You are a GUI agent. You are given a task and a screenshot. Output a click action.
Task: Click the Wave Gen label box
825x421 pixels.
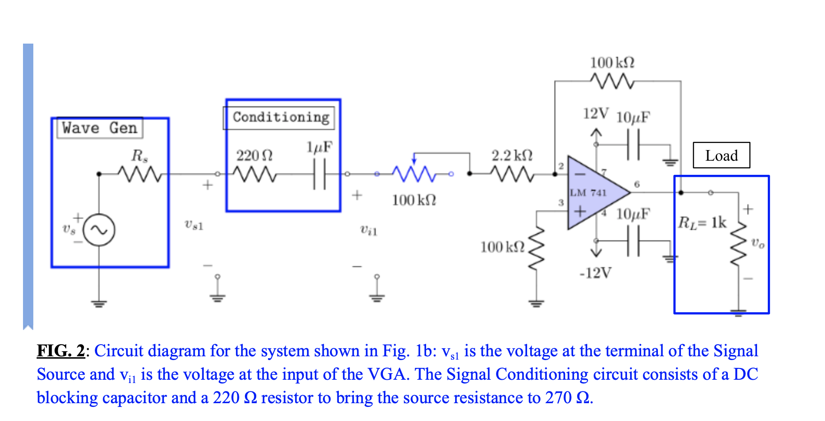(x=99, y=128)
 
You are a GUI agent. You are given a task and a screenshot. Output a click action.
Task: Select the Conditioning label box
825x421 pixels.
(x=280, y=117)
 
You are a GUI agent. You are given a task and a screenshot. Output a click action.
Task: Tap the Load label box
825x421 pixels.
(x=721, y=156)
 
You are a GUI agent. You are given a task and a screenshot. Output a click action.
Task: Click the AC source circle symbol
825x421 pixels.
(x=99, y=230)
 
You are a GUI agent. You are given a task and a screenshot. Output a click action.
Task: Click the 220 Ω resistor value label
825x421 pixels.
(x=254, y=156)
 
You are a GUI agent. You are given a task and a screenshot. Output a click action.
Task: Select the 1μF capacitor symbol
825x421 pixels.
(x=320, y=174)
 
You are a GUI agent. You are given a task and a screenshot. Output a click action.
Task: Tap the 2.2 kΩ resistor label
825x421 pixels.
(x=512, y=156)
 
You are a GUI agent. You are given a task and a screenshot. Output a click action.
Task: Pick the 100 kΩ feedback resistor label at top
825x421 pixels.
(x=612, y=63)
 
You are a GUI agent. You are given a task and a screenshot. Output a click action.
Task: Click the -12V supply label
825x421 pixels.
(x=596, y=273)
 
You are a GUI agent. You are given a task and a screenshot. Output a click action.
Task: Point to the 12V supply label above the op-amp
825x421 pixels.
(x=596, y=113)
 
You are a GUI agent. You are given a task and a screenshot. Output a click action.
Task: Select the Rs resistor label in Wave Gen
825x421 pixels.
(x=140, y=156)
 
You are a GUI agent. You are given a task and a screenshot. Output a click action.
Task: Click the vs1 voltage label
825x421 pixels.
(x=194, y=226)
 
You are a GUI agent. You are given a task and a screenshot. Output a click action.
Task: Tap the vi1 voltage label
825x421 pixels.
(x=368, y=230)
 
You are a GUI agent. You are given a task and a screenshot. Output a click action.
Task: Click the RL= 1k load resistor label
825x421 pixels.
(x=702, y=222)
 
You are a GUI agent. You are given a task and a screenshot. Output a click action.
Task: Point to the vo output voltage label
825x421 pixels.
(x=757, y=243)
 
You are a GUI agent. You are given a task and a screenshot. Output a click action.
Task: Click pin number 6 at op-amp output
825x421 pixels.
(x=637, y=184)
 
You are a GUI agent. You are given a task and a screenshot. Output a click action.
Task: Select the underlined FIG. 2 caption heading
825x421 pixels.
(x=61, y=351)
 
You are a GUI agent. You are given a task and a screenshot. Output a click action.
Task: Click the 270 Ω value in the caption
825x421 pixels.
(x=567, y=398)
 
